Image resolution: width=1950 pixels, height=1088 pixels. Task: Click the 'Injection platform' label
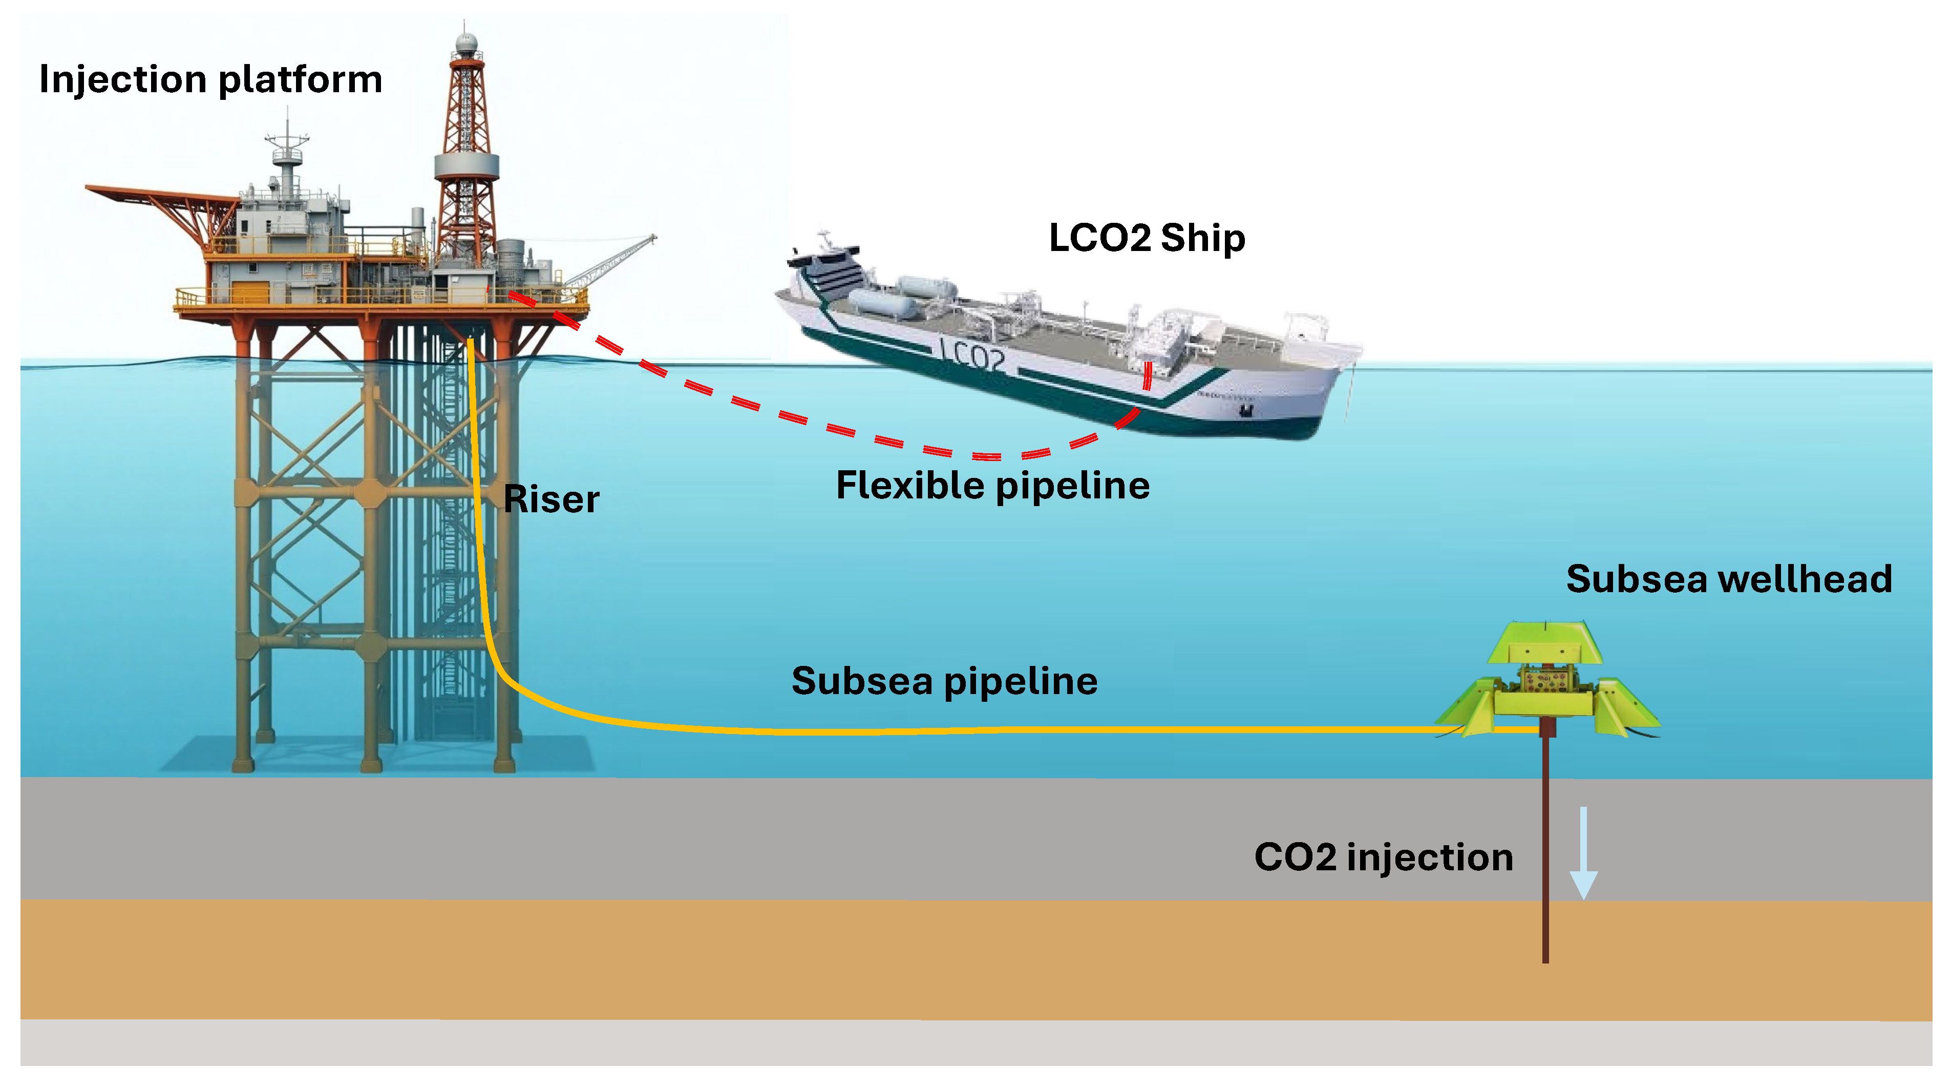pyautogui.click(x=210, y=79)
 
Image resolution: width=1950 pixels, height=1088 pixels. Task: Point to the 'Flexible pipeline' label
pyautogui.click(x=992, y=485)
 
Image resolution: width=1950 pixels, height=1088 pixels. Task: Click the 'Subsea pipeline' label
pyautogui.click(x=944, y=681)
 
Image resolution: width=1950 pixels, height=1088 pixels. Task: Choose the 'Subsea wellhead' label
pyautogui.click(x=1729, y=579)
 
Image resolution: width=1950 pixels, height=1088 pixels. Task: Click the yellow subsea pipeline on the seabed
pyautogui.click(x=984, y=730)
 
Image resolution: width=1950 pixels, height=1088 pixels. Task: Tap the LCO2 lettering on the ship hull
pyautogui.click(x=973, y=356)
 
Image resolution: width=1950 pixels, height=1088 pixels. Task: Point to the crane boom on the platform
pyautogui.click(x=613, y=261)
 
